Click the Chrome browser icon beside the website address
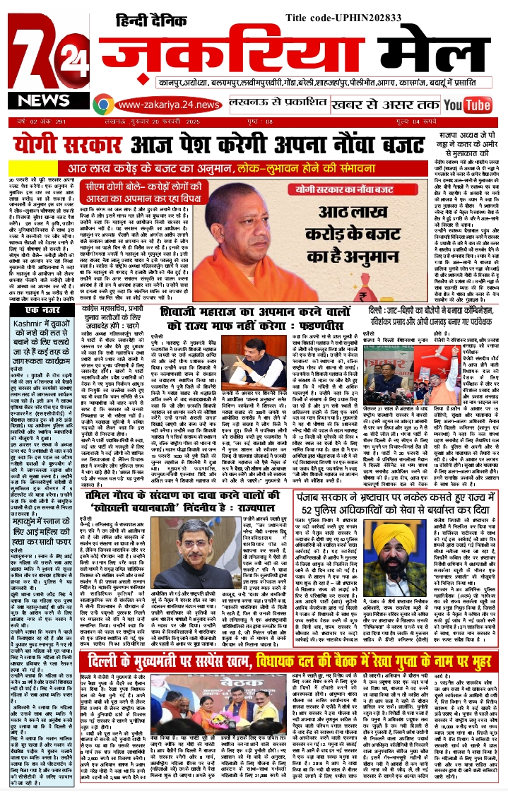pyautogui.click(x=104, y=105)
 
